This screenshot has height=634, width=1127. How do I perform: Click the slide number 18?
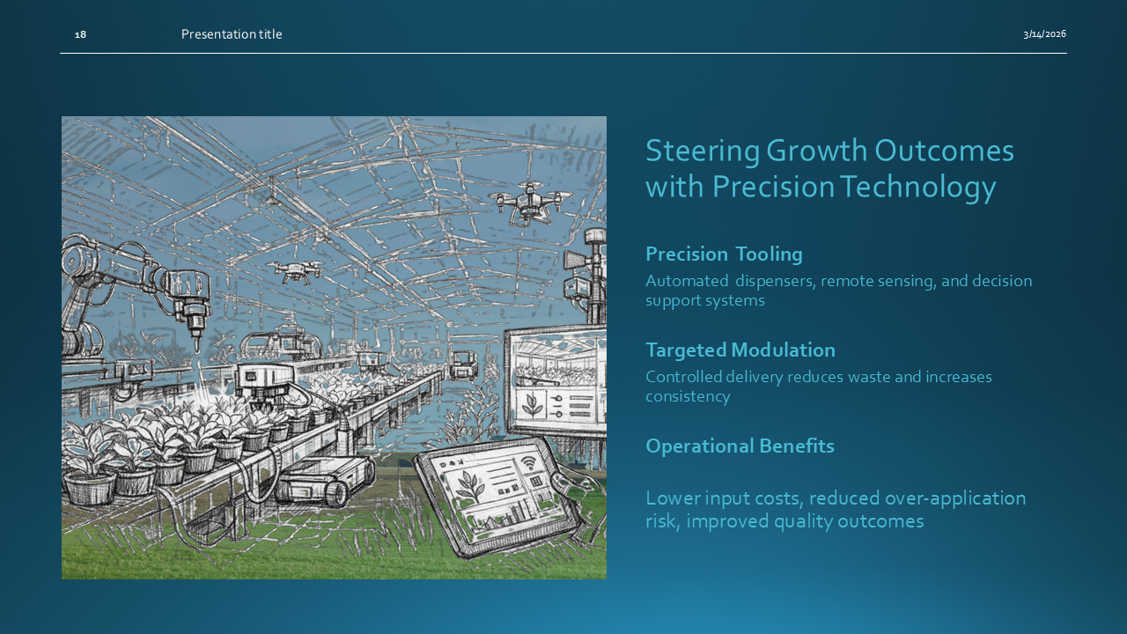click(80, 34)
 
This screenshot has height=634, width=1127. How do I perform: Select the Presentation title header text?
click(232, 34)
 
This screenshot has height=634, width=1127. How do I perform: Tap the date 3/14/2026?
click(1044, 34)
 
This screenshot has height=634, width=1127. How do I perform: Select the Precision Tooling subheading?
click(724, 254)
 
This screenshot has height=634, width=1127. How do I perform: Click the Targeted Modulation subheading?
click(740, 350)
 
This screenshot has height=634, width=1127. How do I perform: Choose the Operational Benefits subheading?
click(740, 446)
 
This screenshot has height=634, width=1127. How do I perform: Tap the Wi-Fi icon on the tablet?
click(528, 464)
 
